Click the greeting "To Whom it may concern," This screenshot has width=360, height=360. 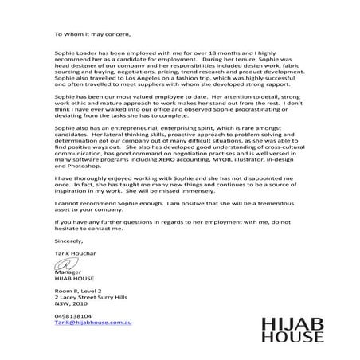(x=90, y=35)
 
